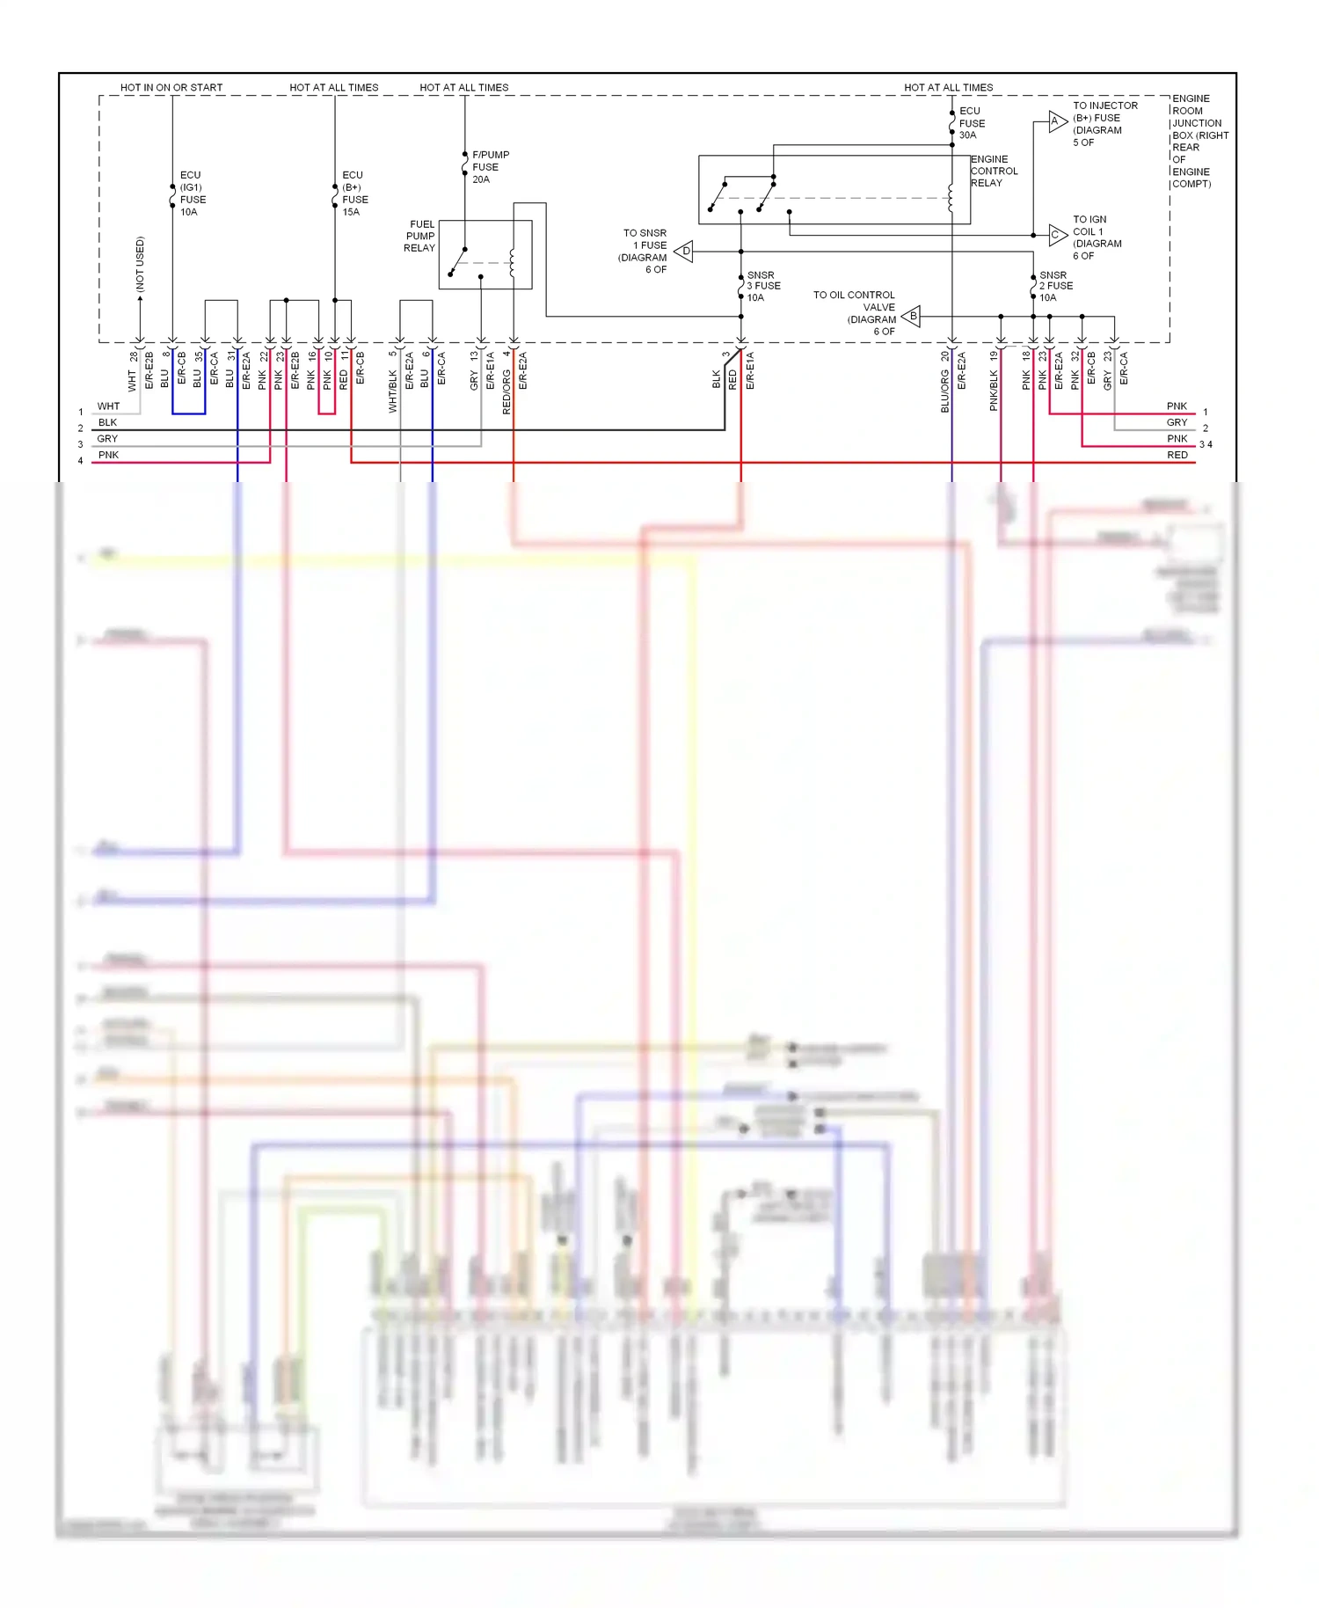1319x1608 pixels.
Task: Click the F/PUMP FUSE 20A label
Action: [490, 167]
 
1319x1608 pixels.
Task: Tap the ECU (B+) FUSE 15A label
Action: [354, 194]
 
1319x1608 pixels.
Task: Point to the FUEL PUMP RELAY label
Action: [419, 237]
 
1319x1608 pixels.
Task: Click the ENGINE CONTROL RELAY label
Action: [994, 171]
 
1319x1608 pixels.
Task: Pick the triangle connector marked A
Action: [1057, 121]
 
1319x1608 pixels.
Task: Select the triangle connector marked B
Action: [912, 316]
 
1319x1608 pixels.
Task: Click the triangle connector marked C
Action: [1057, 235]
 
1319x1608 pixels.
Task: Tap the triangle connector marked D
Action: [684, 252]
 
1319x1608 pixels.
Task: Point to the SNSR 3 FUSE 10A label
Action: [762, 286]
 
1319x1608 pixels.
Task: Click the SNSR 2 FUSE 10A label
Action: [1055, 286]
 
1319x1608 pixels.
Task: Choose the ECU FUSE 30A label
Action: [971, 123]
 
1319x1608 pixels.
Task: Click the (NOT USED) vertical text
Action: [140, 264]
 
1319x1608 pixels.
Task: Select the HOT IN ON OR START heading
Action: [171, 87]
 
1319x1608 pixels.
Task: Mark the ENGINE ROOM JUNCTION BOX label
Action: [1199, 141]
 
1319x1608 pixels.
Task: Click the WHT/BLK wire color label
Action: [392, 391]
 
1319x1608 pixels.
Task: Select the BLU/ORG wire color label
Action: [945, 391]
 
